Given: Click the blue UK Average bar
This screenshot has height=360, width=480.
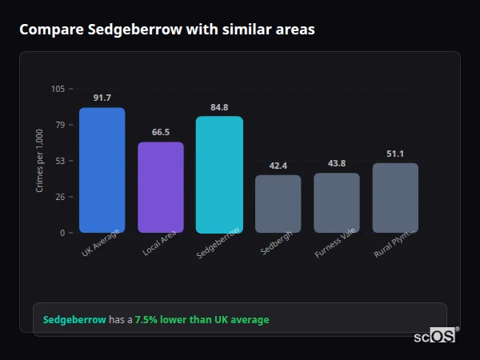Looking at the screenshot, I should pos(102,170).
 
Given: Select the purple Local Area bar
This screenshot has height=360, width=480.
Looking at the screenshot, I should pos(161,187).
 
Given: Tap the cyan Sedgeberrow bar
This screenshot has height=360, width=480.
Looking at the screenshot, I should pos(219,174).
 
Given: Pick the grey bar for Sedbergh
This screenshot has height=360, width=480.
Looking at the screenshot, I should pos(278,204).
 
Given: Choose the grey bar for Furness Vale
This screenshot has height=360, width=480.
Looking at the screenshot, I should pos(337,202).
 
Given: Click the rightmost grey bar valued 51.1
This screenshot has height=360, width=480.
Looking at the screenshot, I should pos(395,198).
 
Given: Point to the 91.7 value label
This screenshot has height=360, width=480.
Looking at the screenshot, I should pos(102,98).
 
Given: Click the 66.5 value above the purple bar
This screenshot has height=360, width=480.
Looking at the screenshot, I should pos(161,132).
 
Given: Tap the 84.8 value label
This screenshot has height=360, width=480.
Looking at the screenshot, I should pos(219,107).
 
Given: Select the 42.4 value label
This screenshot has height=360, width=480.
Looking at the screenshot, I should pos(278,166).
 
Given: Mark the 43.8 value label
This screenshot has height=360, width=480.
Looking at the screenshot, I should pos(337,163).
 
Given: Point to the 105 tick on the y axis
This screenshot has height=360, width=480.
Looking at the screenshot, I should pos(58,88).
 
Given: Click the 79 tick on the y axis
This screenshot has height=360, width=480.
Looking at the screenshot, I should pos(60,125).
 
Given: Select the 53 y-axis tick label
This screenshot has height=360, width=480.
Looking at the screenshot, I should pos(60,161).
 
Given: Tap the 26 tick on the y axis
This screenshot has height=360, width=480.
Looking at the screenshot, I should pos(60,197).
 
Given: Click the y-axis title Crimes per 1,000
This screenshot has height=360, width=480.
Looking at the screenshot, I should pos(40,160).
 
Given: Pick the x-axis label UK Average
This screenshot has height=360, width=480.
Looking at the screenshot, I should pos(100,242).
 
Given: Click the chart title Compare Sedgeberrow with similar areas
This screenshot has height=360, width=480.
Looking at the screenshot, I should pos(166,30).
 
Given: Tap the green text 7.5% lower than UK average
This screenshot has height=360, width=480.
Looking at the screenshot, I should pos(202,319).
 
